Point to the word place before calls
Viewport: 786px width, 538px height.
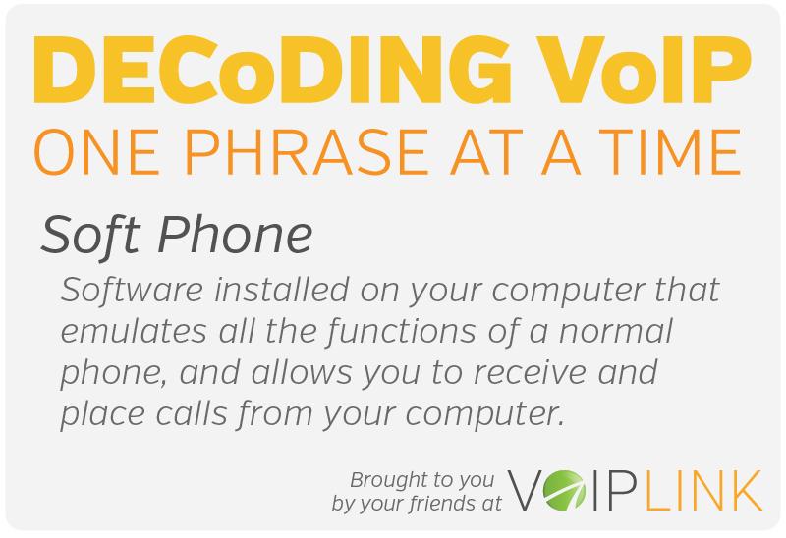click(x=99, y=413)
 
